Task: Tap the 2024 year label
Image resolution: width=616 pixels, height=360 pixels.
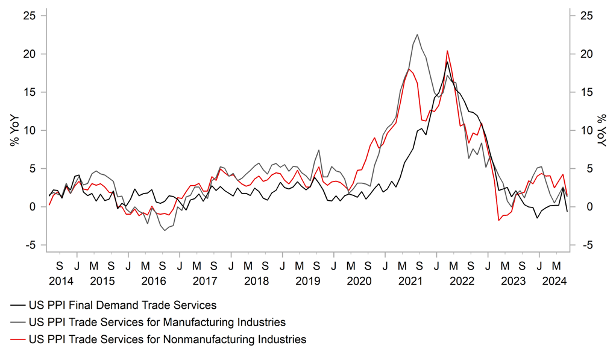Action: click(555, 281)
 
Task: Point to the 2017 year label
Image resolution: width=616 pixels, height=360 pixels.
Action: click(205, 281)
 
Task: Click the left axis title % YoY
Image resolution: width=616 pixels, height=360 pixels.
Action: click(13, 130)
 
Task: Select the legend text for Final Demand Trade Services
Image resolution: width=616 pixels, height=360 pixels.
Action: click(122, 305)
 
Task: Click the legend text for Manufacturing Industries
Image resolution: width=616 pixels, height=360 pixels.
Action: click(157, 322)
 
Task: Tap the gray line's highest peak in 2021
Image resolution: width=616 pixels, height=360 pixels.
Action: click(417, 34)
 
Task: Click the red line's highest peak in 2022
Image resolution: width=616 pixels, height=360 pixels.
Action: click(447, 51)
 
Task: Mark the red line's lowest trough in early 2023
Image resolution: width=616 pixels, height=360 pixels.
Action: click(499, 221)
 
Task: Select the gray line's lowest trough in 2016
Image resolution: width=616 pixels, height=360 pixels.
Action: click(164, 230)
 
